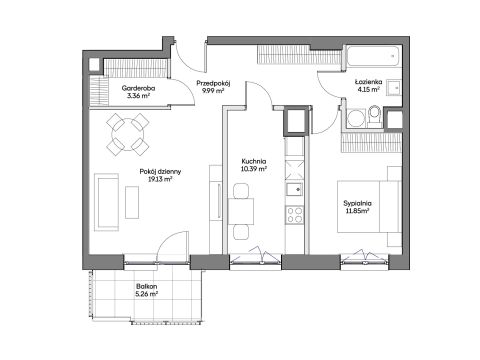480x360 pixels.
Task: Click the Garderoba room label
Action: [138, 88]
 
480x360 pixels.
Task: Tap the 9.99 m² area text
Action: [213, 90]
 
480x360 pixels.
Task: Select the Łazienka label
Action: [368, 82]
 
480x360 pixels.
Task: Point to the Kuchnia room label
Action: [254, 162]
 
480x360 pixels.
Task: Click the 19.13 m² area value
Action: [160, 179]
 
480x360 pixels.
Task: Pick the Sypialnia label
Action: [357, 203]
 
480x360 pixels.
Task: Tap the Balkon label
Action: [146, 286]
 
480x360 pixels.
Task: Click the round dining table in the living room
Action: [128, 134]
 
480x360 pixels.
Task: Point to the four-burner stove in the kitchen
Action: [295, 214]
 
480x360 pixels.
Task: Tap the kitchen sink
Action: [294, 189]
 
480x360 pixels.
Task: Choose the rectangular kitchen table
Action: [241, 211]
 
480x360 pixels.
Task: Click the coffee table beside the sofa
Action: [132, 202]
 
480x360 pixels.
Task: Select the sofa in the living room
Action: [106, 202]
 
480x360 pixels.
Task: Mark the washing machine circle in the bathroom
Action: [356, 119]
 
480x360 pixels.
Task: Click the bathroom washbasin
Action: [394, 88]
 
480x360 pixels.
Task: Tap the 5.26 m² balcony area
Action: [147, 294]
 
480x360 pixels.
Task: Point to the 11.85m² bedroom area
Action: [357, 211]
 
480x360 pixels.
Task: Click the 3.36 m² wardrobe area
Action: [138, 96]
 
